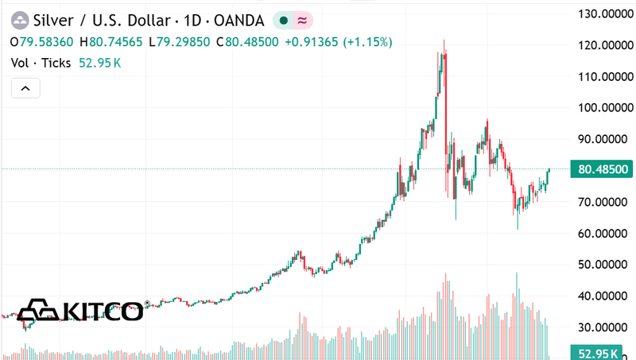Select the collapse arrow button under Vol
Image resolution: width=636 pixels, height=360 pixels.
25,88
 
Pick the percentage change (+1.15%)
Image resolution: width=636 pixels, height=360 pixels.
368,41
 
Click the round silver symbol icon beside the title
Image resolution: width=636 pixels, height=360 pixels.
19,19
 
